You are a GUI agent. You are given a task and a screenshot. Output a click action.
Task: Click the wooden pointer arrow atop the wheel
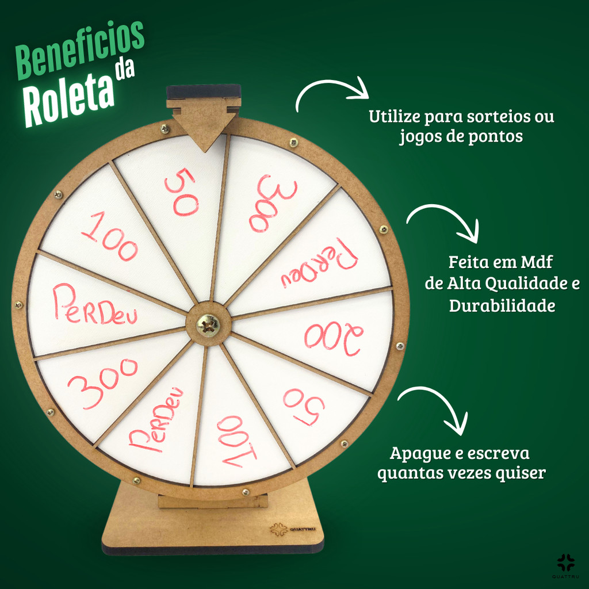pos(204,122)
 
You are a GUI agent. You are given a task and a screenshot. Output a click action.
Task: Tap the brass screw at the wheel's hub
pos(208,325)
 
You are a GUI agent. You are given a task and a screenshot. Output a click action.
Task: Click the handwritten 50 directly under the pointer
pos(183,192)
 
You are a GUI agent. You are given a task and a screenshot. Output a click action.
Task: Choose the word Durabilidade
pos(502,305)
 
